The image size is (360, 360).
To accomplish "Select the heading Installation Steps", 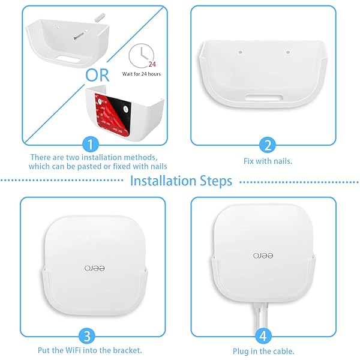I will point(181,181).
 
